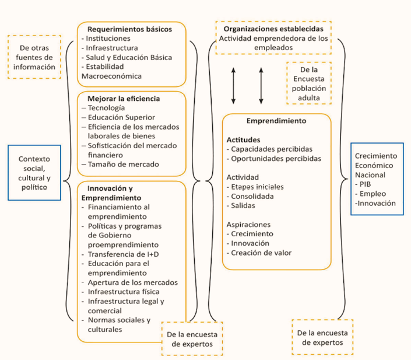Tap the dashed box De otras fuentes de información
34,57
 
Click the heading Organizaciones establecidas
273,29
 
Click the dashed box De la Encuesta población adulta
308,83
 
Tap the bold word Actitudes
244,140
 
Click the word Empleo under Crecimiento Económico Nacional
374,193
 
